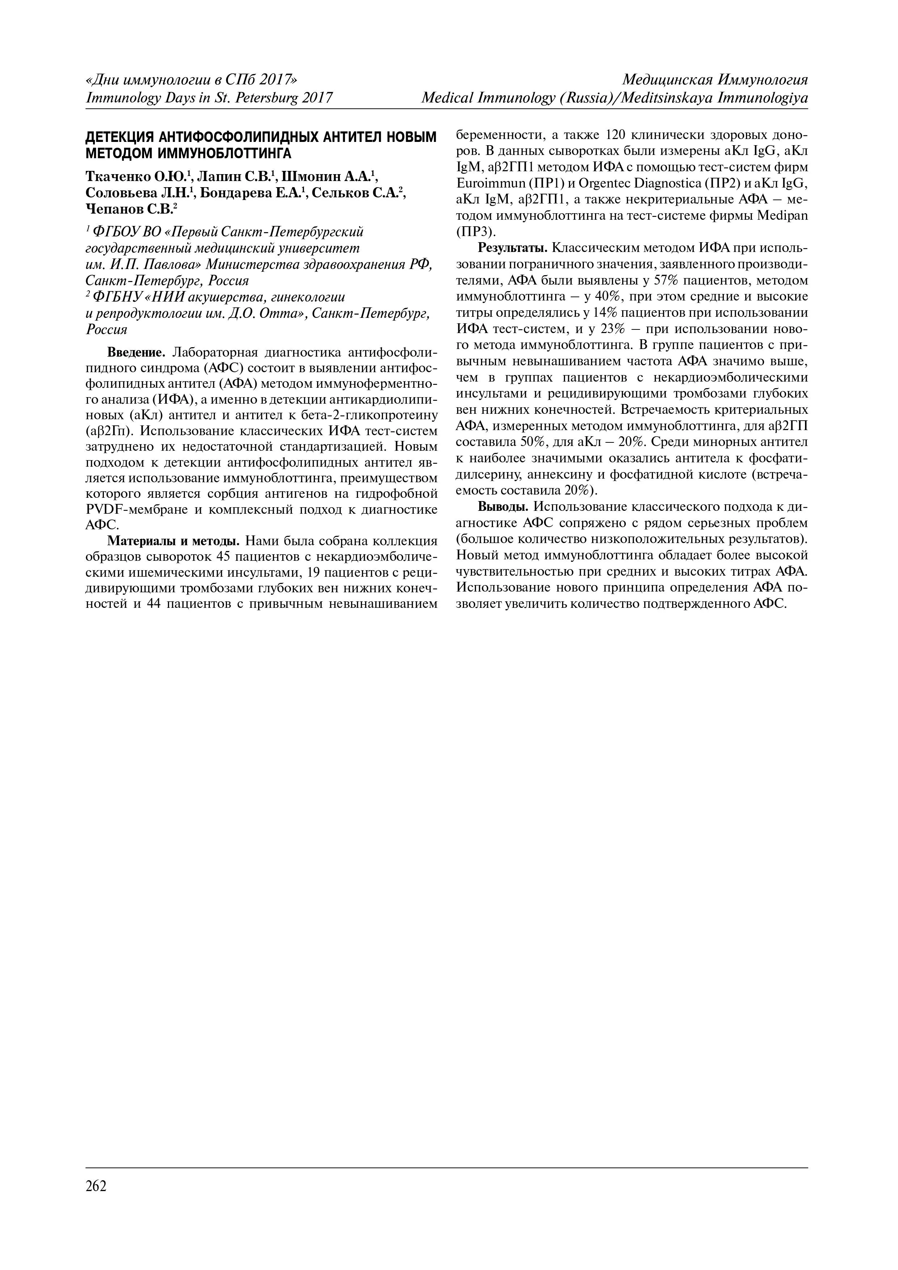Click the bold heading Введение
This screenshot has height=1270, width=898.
click(136, 352)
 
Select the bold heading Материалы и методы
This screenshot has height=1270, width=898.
click(173, 541)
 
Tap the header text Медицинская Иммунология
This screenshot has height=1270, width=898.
click(715, 80)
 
